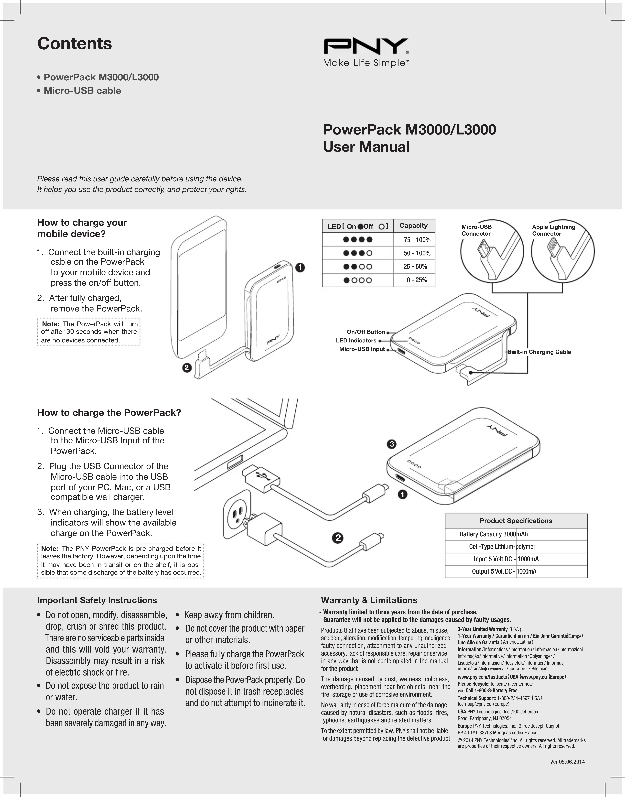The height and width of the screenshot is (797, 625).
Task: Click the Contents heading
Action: pos(75,44)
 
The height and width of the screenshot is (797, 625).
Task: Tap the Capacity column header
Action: pos(413,226)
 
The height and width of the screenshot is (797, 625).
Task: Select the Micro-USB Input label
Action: pos(362,349)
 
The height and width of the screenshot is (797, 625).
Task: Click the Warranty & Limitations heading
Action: pos(369,600)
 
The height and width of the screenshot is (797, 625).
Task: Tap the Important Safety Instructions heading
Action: pos(97,600)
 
